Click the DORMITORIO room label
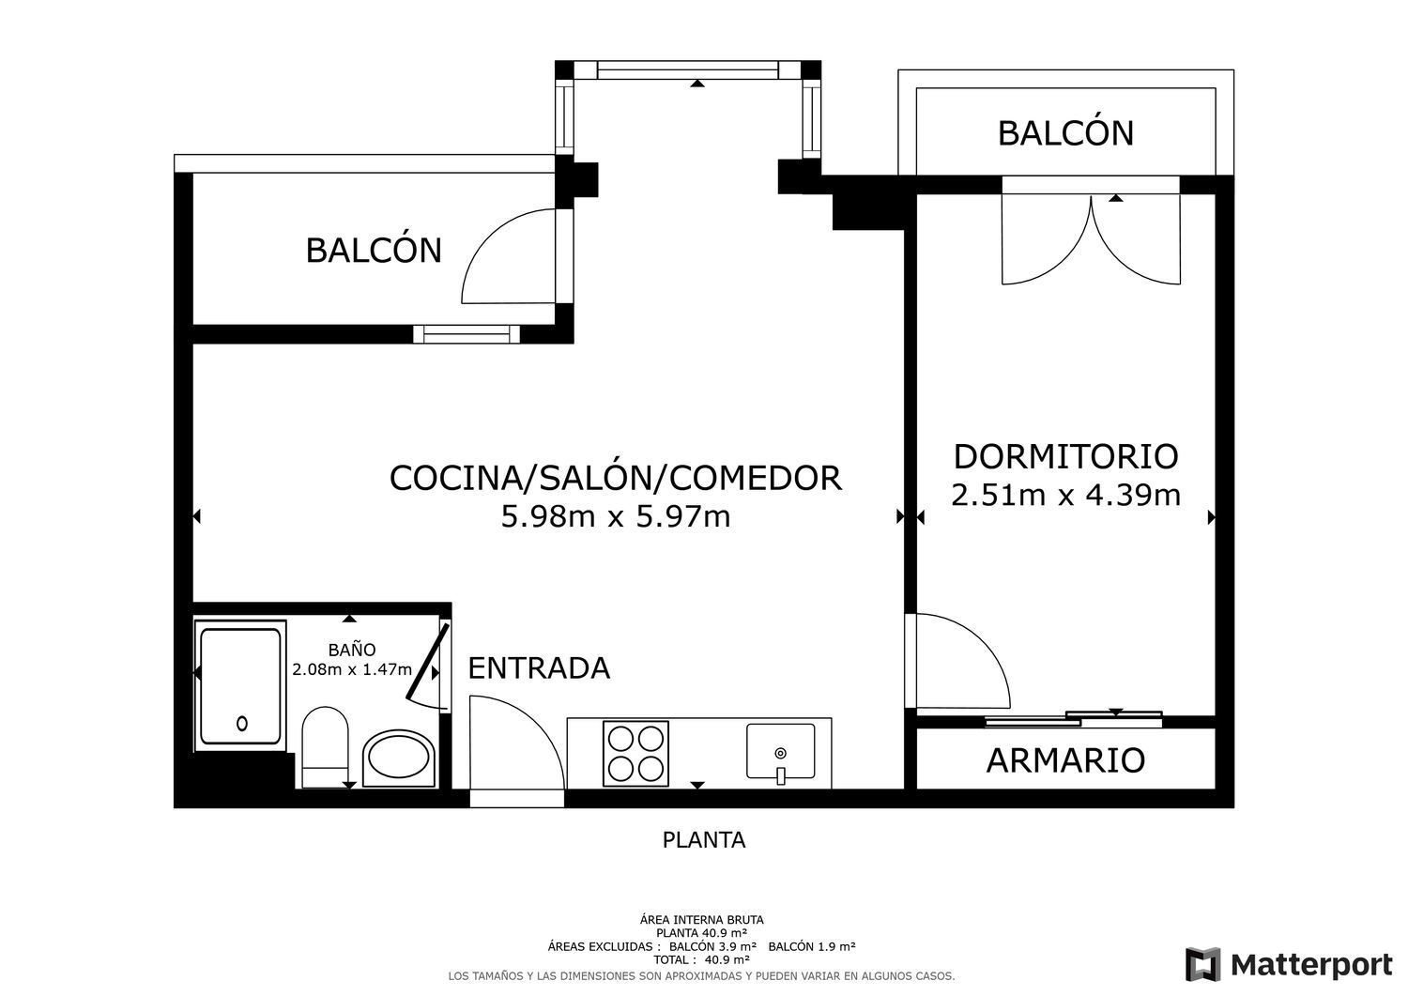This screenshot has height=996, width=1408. pyautogui.click(x=1065, y=457)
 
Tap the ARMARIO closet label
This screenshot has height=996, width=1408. pyautogui.click(x=1065, y=760)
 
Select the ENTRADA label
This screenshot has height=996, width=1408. pyautogui.click(x=539, y=667)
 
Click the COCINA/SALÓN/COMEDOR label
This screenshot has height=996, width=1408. pyautogui.click(x=616, y=478)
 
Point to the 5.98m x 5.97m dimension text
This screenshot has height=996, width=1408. pyautogui.click(x=616, y=517)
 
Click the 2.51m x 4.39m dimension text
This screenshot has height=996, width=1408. pyautogui.click(x=1065, y=496)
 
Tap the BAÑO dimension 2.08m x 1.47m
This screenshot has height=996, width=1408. pyautogui.click(x=352, y=669)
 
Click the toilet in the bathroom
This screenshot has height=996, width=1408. pyautogui.click(x=325, y=747)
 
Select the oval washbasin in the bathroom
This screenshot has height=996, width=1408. pyautogui.click(x=399, y=758)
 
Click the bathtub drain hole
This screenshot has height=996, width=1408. pyautogui.click(x=242, y=724)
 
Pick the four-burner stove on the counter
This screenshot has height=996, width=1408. pyautogui.click(x=635, y=753)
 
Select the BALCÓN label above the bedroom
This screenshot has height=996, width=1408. pyautogui.click(x=1065, y=133)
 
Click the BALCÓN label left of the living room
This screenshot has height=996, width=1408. pyautogui.click(x=374, y=251)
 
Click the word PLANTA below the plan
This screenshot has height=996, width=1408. pyautogui.click(x=703, y=840)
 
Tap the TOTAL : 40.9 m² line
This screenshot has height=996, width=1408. pyautogui.click(x=701, y=959)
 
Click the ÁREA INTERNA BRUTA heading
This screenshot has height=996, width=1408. pyautogui.click(x=701, y=920)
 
